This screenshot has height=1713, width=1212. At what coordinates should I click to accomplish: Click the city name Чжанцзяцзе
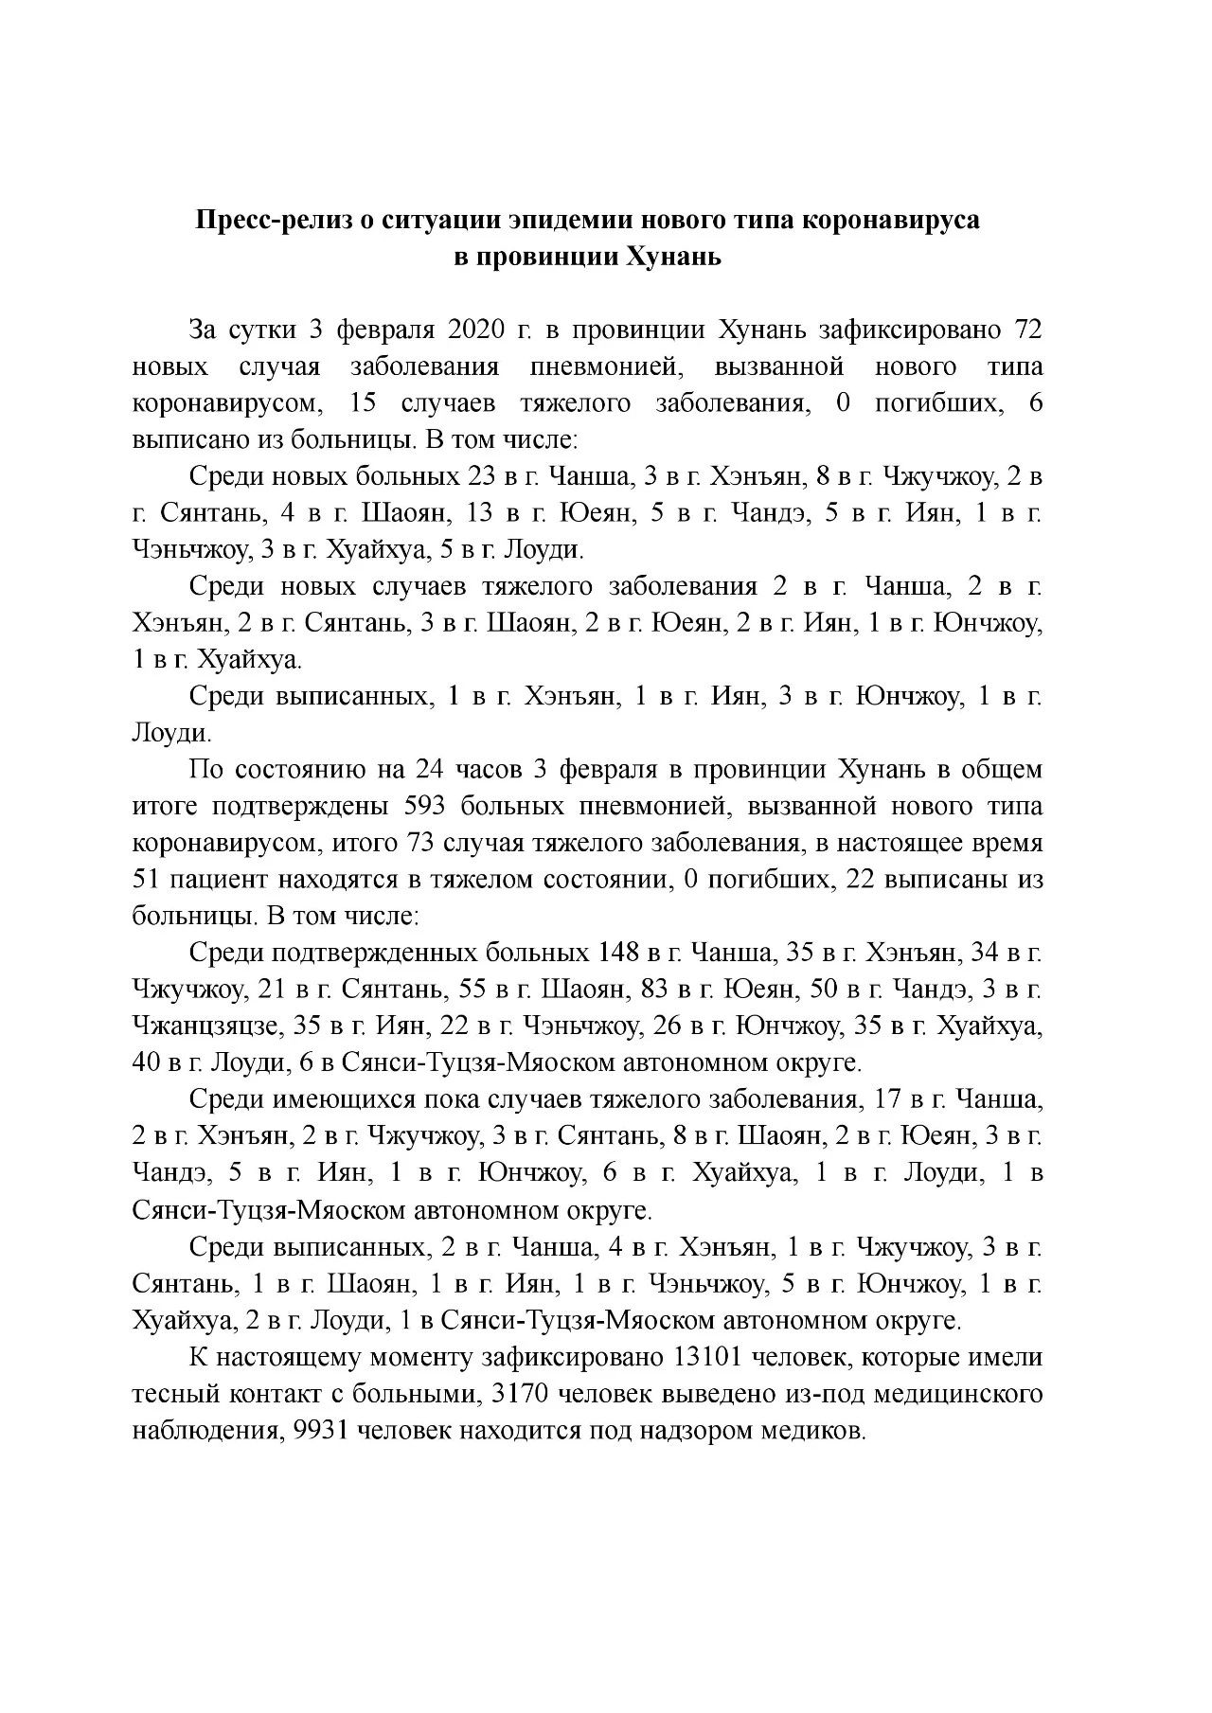pyautogui.click(x=206, y=1026)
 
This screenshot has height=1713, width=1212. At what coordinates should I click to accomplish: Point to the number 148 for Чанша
pyautogui.click(x=619, y=953)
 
